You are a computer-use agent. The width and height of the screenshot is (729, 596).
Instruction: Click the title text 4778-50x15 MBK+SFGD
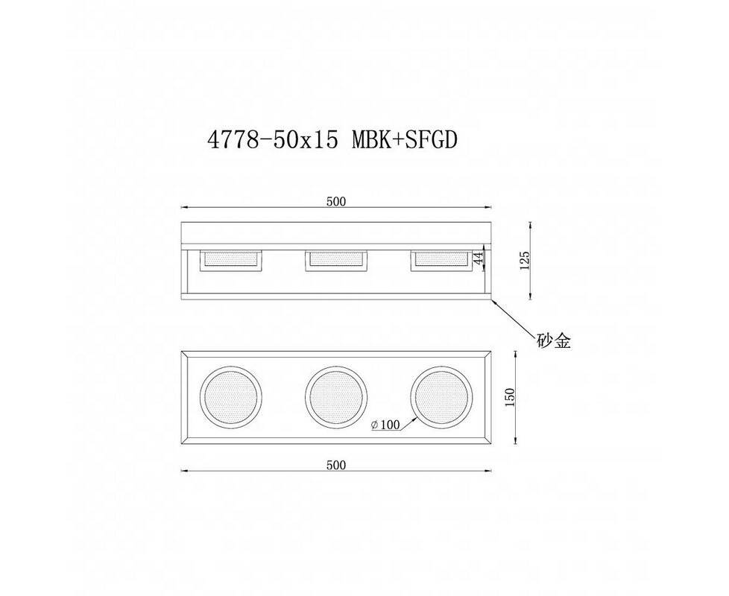click(x=332, y=140)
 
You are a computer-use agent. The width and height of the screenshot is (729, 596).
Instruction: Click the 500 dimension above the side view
click(x=336, y=201)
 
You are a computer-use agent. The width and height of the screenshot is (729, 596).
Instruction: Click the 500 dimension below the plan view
click(x=336, y=465)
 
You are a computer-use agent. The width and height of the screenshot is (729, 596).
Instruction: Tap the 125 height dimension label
click(x=525, y=261)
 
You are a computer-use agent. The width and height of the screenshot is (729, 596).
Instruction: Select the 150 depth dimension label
click(x=510, y=398)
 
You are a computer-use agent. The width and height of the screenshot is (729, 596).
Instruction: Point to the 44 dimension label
click(x=478, y=259)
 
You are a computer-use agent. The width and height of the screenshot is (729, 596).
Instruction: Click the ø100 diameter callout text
click(x=385, y=425)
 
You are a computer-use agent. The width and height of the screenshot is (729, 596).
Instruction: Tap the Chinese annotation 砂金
click(x=553, y=341)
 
